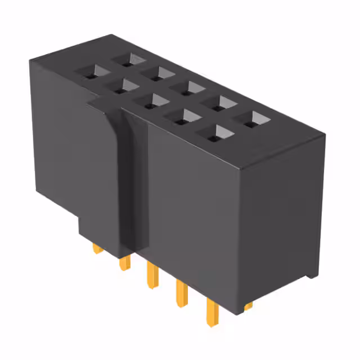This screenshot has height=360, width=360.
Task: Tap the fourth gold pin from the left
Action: click(181, 292)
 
